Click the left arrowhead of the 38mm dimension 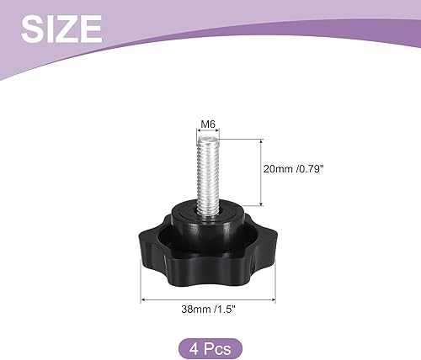coord(142,297)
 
